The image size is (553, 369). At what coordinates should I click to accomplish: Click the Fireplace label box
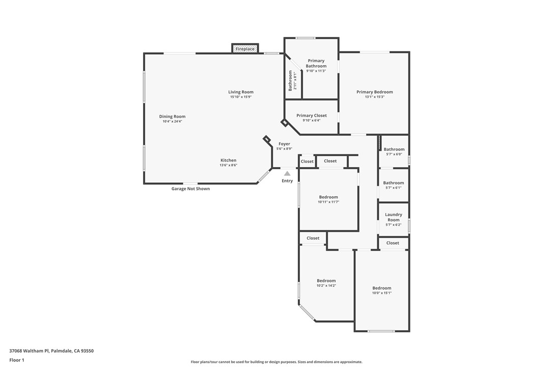(x=245, y=49)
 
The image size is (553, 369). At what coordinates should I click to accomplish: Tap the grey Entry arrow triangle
(x=287, y=174)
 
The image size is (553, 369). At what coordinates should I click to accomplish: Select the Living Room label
(x=241, y=92)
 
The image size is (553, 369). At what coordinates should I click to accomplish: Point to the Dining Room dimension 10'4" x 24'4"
(x=172, y=121)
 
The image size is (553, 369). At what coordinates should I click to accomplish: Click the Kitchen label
(x=228, y=161)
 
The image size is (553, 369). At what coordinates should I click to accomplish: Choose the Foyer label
(x=284, y=144)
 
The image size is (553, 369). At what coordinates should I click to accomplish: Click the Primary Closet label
(x=312, y=116)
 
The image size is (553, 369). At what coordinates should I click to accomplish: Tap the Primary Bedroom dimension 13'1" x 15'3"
(x=374, y=97)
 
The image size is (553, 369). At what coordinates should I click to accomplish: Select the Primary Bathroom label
(x=316, y=63)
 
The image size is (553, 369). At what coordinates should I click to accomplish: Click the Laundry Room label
(x=394, y=217)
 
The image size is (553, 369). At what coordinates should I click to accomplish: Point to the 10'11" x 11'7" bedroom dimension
(x=328, y=202)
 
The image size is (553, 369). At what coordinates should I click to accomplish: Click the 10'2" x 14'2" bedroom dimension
(x=326, y=285)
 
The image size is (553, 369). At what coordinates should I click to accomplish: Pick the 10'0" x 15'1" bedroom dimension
(x=381, y=293)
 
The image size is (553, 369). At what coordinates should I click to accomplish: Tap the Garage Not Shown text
(x=190, y=189)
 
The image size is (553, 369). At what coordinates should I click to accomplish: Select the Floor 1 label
(x=17, y=360)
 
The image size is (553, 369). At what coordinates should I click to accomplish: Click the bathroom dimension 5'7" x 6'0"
(x=394, y=154)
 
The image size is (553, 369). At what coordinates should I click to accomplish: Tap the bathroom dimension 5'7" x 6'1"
(x=394, y=188)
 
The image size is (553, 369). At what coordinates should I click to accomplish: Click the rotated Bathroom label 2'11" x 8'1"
(x=293, y=81)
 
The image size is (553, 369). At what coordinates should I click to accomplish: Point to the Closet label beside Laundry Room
(x=393, y=243)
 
